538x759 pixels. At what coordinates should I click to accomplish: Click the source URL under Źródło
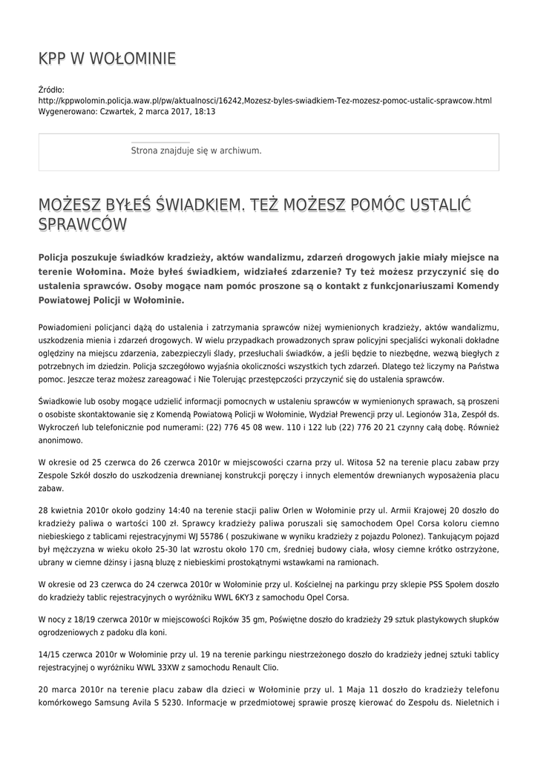264,100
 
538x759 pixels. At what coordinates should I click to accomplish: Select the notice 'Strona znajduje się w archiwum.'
196,150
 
